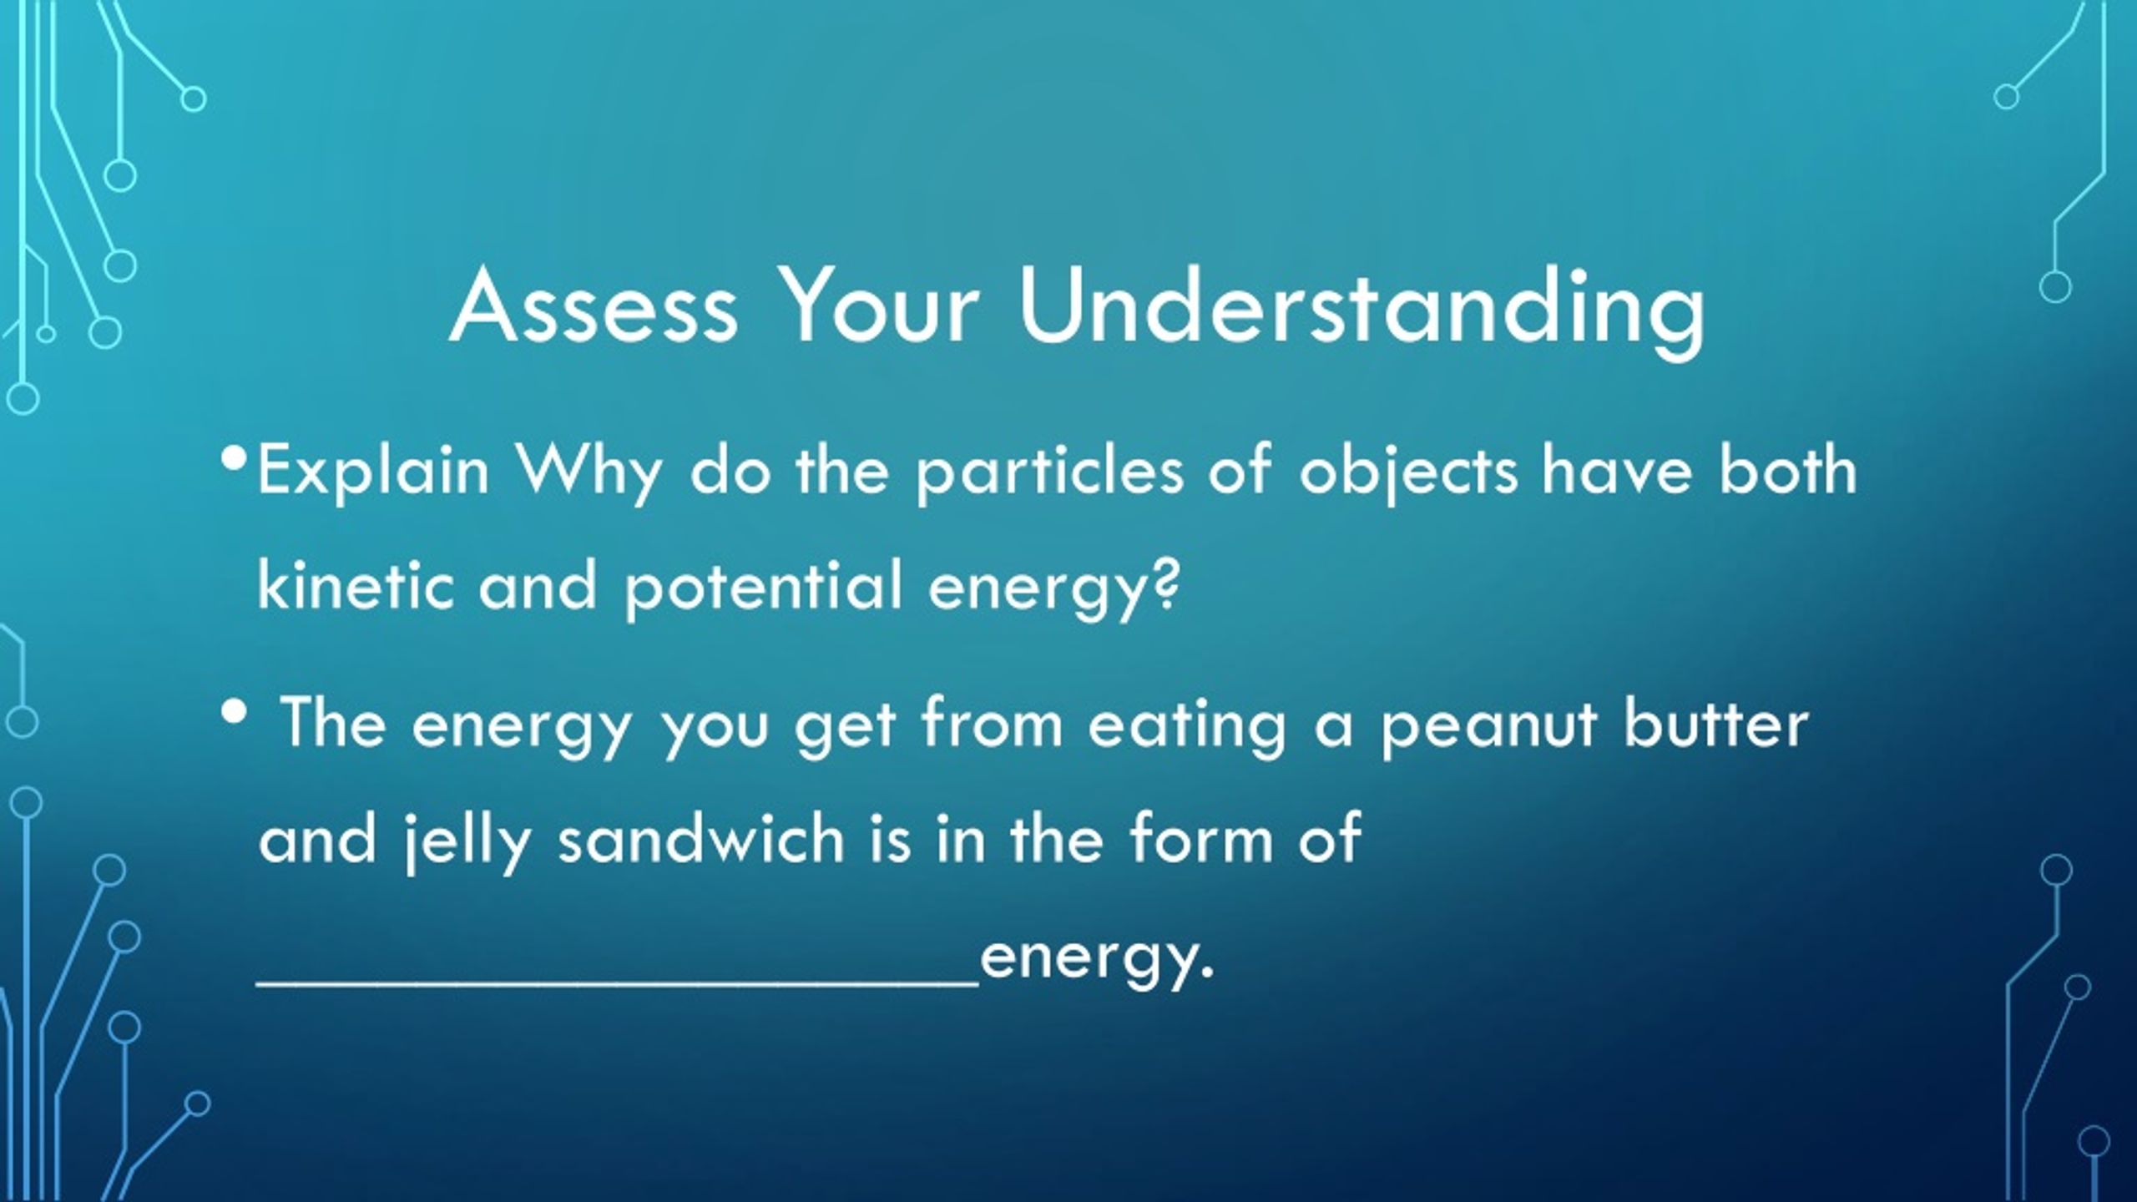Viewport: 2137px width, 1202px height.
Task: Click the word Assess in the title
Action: (594, 307)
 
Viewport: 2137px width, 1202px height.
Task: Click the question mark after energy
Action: (1165, 584)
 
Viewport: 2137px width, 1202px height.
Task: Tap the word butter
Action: (1715, 722)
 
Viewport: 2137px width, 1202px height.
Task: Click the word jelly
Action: (467, 841)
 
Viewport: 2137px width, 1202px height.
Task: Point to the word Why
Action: (589, 473)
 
